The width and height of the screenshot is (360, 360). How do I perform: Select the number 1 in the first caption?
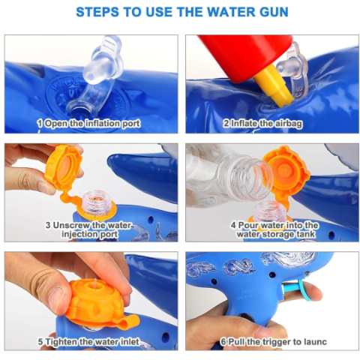[x=40, y=123]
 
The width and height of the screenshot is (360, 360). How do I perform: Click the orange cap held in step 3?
[x=64, y=168]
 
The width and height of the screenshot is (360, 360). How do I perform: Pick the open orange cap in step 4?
[x=286, y=172]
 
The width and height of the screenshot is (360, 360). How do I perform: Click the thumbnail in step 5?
[x=59, y=295]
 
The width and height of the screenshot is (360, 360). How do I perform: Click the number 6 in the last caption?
[x=223, y=342]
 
